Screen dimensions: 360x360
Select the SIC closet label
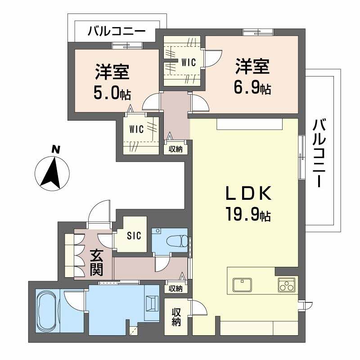click(x=134, y=235)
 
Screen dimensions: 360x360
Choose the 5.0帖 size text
click(x=112, y=93)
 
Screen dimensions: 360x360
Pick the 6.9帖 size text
click(x=252, y=88)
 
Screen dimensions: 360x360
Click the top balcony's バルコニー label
click(x=116, y=32)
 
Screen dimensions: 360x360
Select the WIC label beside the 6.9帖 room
click(x=189, y=63)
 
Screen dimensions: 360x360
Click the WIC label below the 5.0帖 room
click(x=136, y=130)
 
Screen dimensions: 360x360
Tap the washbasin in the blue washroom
click(x=152, y=303)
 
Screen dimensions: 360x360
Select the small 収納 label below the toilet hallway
click(x=175, y=288)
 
